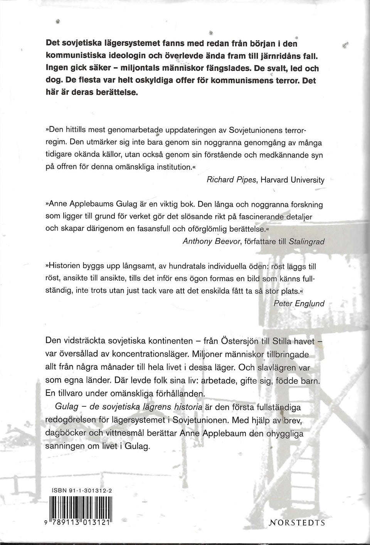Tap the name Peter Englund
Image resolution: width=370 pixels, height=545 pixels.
299,303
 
